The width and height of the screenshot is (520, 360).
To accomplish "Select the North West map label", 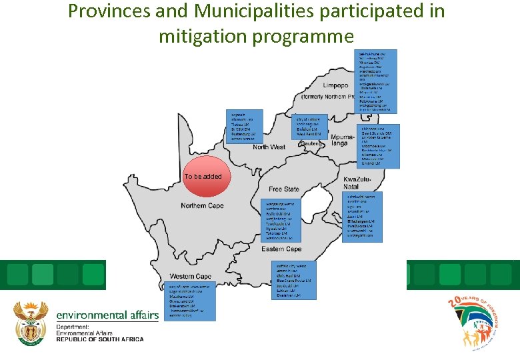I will pyautogui.click(x=269, y=147).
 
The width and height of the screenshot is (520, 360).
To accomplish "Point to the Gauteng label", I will pyautogui.click(x=311, y=143).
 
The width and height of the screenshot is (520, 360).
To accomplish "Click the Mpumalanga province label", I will pyautogui.click(x=343, y=139).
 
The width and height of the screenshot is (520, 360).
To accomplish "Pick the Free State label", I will pyautogui.click(x=284, y=189).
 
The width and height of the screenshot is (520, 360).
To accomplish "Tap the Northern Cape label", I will pyautogui.click(x=202, y=205).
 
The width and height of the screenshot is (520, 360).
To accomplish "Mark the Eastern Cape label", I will pyautogui.click(x=282, y=249).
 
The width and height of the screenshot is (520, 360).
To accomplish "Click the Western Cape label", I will pyautogui.click(x=190, y=276).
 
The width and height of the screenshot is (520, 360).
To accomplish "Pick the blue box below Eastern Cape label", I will pyautogui.click(x=296, y=280).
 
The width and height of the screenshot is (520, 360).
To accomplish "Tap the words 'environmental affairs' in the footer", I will pyautogui.click(x=107, y=315).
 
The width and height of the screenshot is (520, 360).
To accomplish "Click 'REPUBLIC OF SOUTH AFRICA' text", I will pyautogui.click(x=99, y=339).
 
